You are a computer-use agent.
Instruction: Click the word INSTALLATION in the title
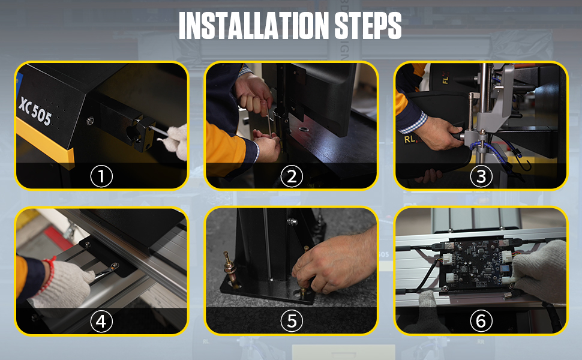pyautogui.click(x=254, y=26)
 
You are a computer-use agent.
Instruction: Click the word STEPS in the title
pyautogui.click(x=368, y=26)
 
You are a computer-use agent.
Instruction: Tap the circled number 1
pyautogui.click(x=101, y=176)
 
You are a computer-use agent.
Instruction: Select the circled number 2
pyautogui.click(x=292, y=176)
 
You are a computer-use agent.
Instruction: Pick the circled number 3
pyautogui.click(x=481, y=176)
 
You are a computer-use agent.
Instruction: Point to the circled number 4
pyautogui.click(x=101, y=321)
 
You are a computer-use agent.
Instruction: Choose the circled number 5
pyautogui.click(x=292, y=321)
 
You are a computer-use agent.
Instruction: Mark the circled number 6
pyautogui.click(x=481, y=321)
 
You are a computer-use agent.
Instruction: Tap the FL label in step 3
pyautogui.click(x=446, y=79)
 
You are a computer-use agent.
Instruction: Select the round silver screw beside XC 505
pyautogui.click(x=90, y=121)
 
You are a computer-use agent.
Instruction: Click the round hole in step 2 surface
pyautogui.click(x=304, y=129)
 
